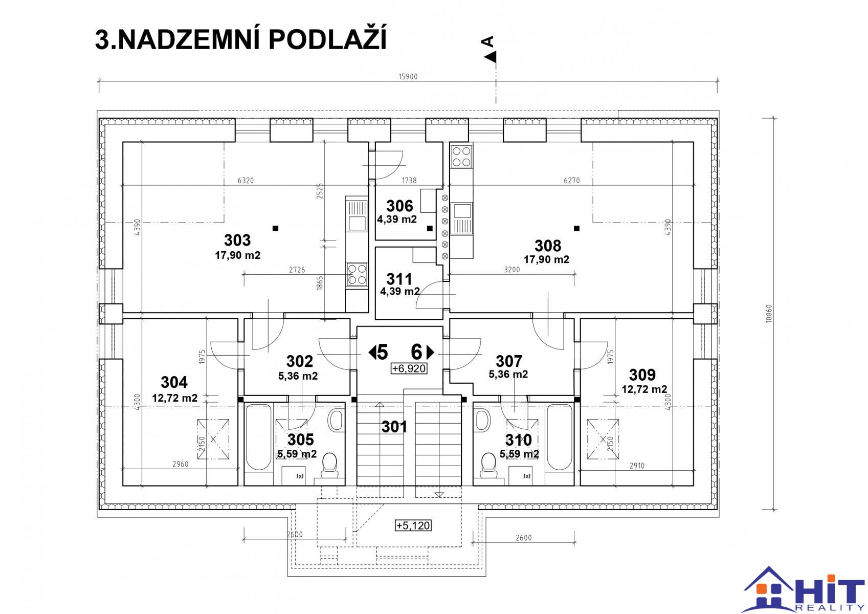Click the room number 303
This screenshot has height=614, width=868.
(237, 240)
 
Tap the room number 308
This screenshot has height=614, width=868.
(547, 246)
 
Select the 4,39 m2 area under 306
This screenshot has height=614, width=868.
(397, 220)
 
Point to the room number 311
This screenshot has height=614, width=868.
(399, 279)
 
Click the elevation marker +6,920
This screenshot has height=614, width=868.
(409, 368)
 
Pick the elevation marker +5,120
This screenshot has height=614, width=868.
(413, 525)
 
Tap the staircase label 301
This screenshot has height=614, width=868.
(394, 427)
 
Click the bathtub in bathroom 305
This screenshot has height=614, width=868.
(258, 437)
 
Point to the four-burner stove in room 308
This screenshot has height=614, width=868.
(461, 156)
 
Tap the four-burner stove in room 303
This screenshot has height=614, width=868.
(357, 274)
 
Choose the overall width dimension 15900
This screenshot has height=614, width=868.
(408, 77)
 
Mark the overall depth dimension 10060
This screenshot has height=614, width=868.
(769, 313)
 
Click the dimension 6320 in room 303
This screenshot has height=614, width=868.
(246, 180)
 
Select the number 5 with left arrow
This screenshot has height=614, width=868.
(378, 353)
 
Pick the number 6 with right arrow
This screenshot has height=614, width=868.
(422, 353)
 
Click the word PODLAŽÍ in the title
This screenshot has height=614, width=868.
(327, 39)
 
